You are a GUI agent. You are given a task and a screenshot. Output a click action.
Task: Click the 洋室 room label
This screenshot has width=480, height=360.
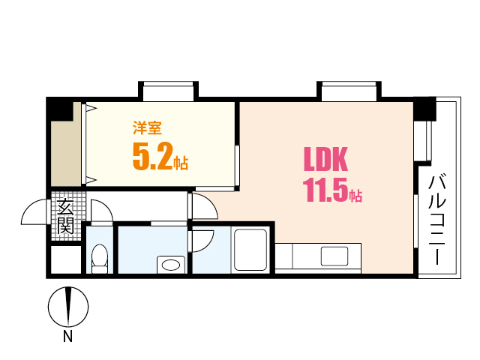click(147, 127)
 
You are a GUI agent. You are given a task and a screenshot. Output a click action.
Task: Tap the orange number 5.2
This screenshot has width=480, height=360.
click(153, 157)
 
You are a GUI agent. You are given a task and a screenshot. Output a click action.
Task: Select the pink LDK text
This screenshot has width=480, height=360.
click(325, 159)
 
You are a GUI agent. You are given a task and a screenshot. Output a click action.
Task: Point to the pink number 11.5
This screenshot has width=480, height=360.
click(326, 190)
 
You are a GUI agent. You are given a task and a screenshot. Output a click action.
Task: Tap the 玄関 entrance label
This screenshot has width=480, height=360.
click(66, 216)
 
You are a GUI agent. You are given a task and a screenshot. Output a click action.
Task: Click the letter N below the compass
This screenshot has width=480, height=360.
click(67, 337)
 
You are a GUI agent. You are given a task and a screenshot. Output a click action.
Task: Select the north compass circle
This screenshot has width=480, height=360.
click(68, 307)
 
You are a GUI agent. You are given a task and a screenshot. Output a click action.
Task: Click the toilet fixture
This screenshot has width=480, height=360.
click(100, 259)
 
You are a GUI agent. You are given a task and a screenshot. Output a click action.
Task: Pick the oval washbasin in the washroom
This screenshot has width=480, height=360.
click(171, 265)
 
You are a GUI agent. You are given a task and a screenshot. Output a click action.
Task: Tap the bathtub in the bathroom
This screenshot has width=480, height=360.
click(250, 250)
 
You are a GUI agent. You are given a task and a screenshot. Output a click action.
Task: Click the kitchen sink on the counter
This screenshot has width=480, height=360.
click(334, 256)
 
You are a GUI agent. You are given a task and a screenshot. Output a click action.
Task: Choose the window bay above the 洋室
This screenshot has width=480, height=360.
click(168, 91)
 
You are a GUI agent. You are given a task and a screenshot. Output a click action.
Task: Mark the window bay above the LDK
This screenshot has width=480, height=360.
click(349, 91)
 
